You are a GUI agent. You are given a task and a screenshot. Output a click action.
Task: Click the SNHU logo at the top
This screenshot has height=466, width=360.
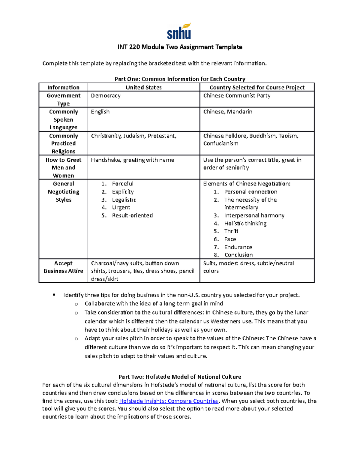point(179,32)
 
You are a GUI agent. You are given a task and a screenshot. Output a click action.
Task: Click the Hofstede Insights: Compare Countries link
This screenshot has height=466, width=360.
point(169,401)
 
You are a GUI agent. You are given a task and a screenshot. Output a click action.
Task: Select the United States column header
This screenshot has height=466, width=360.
point(143,87)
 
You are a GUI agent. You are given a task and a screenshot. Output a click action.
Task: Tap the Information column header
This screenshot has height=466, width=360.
point(63,87)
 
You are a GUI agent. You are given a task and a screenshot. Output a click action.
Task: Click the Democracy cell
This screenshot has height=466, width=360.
point(106,96)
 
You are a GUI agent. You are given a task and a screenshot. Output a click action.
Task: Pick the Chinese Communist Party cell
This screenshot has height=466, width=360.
point(237,96)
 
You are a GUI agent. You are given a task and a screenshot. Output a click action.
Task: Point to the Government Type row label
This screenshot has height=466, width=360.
point(63,99)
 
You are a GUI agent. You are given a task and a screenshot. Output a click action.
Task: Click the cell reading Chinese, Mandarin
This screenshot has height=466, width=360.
point(228,112)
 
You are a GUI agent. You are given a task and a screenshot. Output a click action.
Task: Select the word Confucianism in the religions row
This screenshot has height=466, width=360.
point(221,143)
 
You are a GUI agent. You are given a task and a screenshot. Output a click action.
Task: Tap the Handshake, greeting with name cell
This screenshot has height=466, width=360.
point(132,160)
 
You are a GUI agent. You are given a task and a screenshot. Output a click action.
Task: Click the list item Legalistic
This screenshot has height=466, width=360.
point(124,200)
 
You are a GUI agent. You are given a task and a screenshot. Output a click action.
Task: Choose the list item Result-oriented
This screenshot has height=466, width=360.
point(132,215)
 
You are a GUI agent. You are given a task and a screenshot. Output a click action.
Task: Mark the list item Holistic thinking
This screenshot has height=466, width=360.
point(245,224)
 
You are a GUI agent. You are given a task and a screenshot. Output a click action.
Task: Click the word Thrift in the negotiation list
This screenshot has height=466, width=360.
point(231,231)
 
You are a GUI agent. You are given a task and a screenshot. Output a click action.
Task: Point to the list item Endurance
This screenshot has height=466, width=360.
point(238,247)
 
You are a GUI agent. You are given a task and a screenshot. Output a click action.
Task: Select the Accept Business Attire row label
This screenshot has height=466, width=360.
point(63,267)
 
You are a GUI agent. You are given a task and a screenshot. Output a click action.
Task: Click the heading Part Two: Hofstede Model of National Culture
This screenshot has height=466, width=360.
point(180,377)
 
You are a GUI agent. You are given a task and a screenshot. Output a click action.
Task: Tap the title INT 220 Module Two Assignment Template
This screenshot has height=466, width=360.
point(180,47)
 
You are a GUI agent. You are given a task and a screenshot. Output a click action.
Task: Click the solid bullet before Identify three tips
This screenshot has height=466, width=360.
point(54,295)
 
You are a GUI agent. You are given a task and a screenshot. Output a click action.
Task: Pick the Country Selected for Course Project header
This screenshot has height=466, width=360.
point(257,87)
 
